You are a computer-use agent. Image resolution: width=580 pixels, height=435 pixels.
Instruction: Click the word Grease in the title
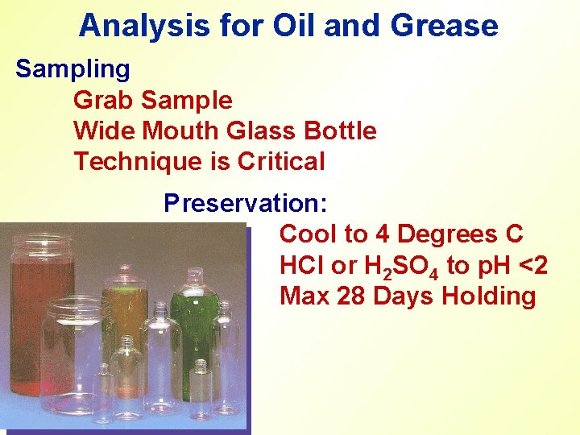[x=444, y=26]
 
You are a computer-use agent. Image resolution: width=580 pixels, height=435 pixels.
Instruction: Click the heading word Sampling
[x=72, y=69]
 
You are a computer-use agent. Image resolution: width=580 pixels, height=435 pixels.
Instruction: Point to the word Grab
[x=104, y=100]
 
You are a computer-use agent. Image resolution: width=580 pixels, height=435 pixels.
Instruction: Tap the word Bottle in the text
[x=338, y=130]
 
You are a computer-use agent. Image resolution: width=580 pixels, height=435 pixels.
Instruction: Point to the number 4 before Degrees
[x=383, y=234]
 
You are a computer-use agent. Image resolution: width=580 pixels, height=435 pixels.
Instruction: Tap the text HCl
[x=303, y=265]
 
